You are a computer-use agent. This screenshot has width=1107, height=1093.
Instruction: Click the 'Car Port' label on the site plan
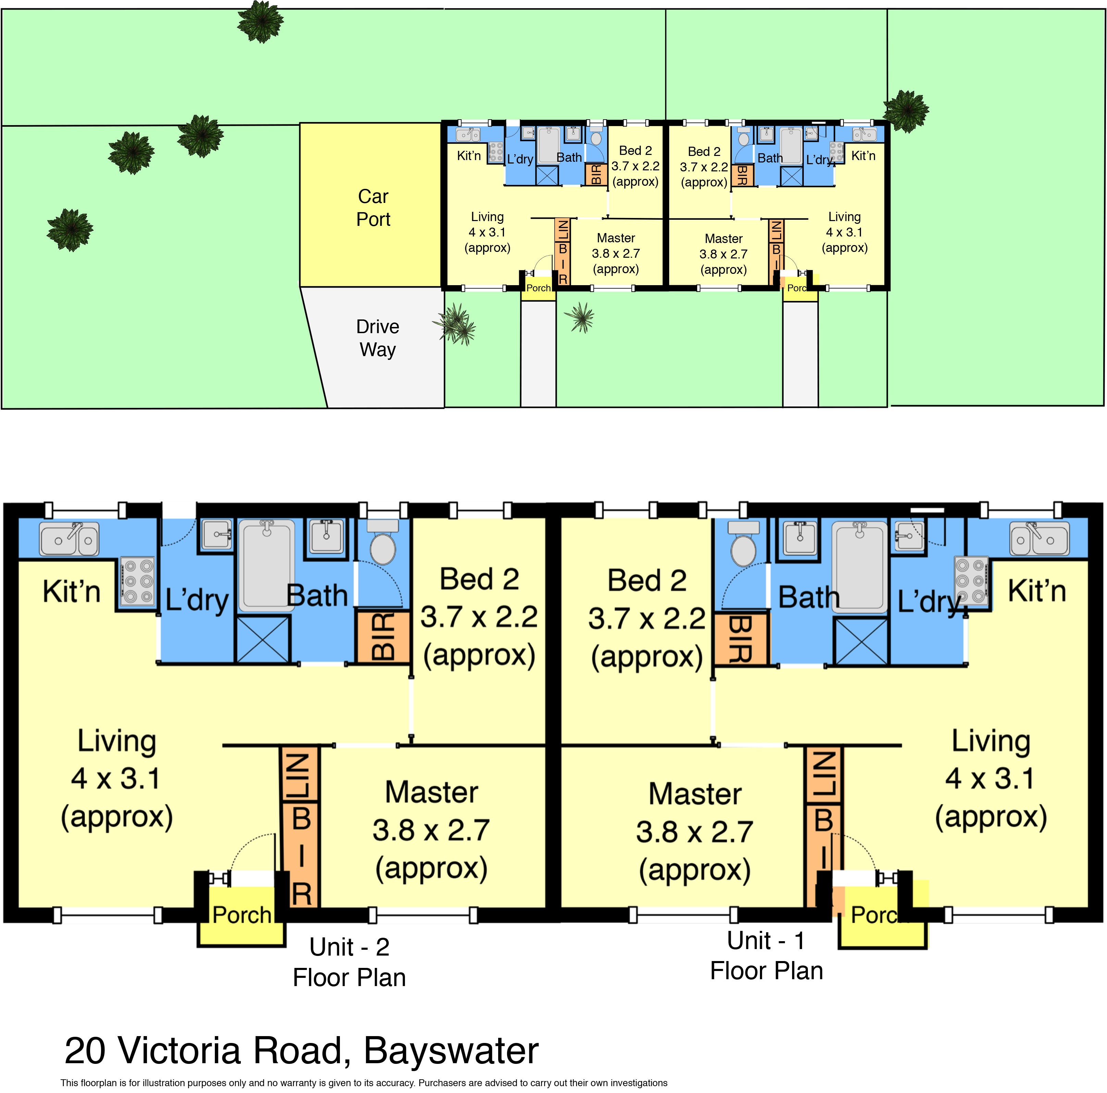click(x=373, y=207)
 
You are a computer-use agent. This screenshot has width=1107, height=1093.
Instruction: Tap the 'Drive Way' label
click(x=378, y=338)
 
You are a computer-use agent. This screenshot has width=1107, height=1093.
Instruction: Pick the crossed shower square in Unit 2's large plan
click(x=263, y=640)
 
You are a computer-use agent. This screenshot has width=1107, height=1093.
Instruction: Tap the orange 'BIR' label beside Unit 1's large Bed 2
click(x=740, y=640)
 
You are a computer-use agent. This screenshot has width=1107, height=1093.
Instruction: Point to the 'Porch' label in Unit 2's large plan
click(x=242, y=915)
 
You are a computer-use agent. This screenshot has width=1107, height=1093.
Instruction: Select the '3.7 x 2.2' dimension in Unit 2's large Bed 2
click(x=479, y=617)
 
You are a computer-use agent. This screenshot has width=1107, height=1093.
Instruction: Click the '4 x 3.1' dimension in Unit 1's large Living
click(x=990, y=778)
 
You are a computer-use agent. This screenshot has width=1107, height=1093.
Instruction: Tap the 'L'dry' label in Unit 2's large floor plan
click(x=197, y=601)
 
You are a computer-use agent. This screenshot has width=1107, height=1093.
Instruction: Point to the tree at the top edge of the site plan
click(x=261, y=22)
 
